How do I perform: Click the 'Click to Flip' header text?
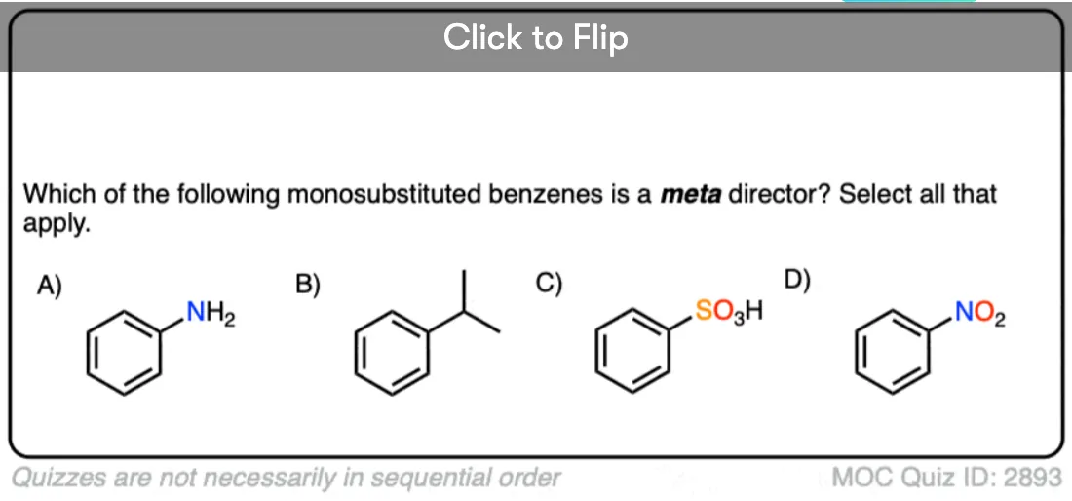(535, 38)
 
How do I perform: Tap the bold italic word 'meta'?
(691, 195)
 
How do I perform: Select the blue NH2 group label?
(211, 314)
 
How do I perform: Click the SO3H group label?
(729, 312)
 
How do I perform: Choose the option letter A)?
(50, 285)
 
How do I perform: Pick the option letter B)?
(308, 285)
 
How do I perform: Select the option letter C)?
(549, 283)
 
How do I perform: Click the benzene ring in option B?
(356, 353)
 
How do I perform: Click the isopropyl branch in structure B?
(465, 312)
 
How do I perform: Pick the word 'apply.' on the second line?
(57, 225)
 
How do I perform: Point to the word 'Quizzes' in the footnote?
(54, 477)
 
